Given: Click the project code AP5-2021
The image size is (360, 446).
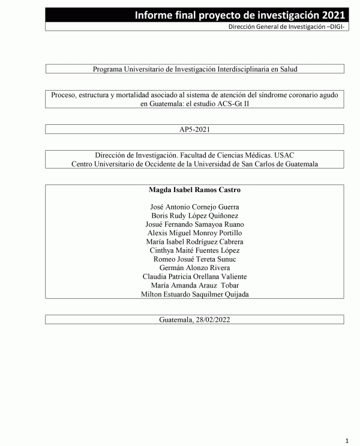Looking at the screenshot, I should click(195, 129).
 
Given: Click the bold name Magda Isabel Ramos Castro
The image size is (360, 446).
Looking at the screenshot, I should click(195, 190).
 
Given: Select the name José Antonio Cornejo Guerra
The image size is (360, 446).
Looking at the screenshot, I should click(195, 207).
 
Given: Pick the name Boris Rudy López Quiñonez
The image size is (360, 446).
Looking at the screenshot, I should click(195, 215).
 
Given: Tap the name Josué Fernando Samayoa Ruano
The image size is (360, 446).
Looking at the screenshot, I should click(195, 225).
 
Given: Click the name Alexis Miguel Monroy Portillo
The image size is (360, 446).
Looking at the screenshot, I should click(195, 233).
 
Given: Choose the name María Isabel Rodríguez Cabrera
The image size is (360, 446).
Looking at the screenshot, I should click(195, 242).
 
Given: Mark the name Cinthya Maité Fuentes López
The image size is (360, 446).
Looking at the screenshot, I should click(195, 250).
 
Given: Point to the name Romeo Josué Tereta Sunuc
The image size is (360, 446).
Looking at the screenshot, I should click(195, 259).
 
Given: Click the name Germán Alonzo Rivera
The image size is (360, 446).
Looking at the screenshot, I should click(195, 268).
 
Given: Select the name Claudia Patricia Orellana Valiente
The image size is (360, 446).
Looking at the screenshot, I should click(195, 277).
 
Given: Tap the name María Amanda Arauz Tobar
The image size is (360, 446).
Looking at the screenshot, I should click(195, 285).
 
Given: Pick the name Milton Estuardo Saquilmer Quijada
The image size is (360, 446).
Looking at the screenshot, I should click(195, 294).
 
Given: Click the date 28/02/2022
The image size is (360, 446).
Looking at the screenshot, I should click(213, 320).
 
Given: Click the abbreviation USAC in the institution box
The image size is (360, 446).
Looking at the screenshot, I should click(277, 155).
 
